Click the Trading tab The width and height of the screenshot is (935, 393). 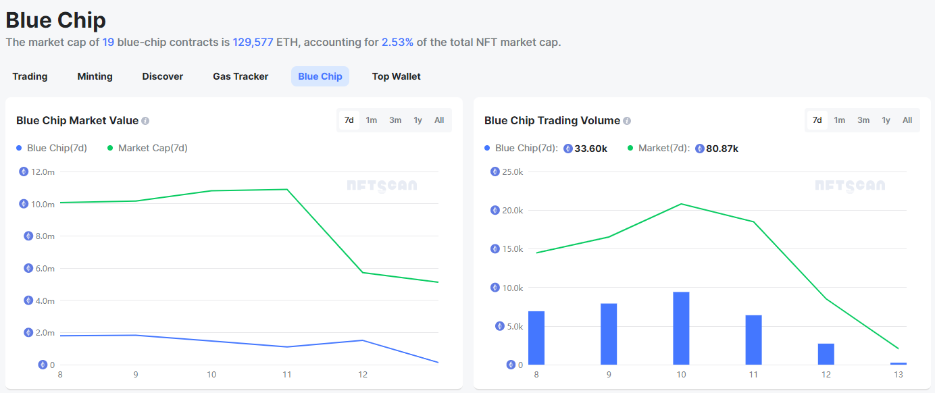[30, 76]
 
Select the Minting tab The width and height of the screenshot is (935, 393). [95, 76]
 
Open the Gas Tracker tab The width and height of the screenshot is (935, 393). [241, 76]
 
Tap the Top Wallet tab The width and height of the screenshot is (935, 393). [396, 76]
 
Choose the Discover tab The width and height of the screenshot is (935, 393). [162, 76]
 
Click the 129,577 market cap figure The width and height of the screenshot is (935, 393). [253, 42]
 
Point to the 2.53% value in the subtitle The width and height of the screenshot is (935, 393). [397, 42]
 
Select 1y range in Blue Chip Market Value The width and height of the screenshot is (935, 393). [418, 120]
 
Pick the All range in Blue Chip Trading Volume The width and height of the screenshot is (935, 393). [907, 120]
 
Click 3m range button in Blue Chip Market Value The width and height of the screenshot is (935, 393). [395, 120]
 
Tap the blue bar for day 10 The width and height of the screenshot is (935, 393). [681, 328]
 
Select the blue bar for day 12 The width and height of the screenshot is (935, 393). [826, 354]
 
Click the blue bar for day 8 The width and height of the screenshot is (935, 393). [536, 338]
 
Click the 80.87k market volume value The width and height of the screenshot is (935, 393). [722, 149]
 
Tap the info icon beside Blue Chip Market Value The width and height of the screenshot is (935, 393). [145, 121]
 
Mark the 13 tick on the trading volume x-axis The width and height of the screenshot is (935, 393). [898, 375]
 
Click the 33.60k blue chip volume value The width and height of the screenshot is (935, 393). [590, 149]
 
